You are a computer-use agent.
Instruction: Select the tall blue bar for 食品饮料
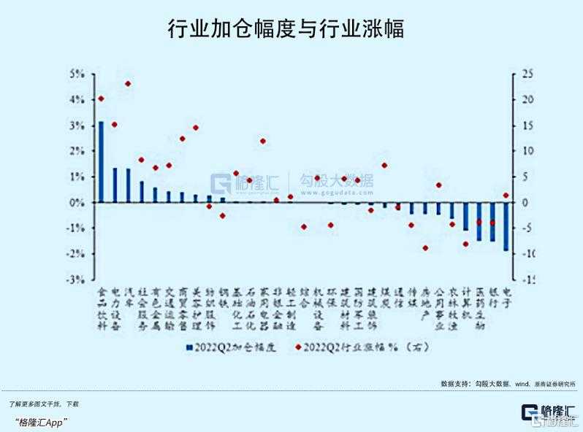[102, 162]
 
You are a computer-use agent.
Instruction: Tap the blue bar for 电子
[506, 226]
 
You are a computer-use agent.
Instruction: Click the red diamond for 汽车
[128, 84]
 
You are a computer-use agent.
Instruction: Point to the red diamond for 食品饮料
[101, 99]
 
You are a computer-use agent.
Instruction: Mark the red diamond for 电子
[506, 195]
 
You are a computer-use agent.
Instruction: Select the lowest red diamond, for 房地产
[425, 248]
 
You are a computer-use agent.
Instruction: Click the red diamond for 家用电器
[262, 141]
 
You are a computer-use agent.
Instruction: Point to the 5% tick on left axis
[78, 74]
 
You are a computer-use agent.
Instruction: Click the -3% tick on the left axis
[77, 279]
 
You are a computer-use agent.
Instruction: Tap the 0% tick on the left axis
[78, 202]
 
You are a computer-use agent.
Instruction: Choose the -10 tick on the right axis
[527, 254]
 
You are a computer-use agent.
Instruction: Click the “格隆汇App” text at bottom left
[41, 422]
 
